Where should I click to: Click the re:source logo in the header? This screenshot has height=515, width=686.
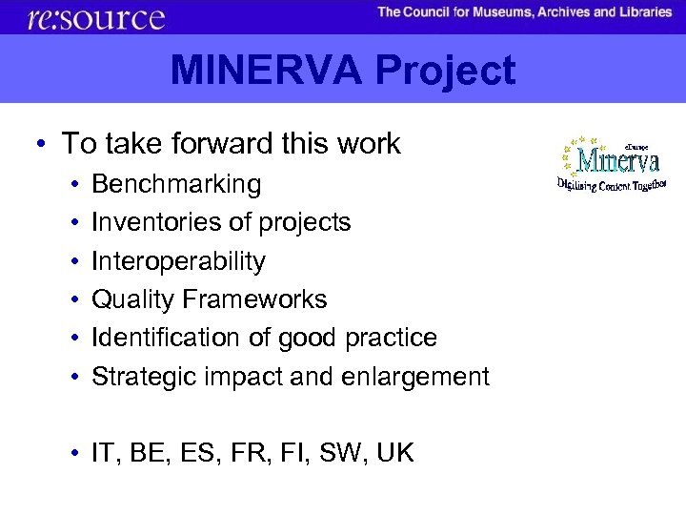(96, 17)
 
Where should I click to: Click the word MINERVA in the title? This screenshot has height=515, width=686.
(267, 71)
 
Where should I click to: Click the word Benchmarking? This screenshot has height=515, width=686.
(176, 184)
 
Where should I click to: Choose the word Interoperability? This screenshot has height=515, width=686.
(178, 261)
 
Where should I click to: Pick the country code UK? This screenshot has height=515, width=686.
(394, 453)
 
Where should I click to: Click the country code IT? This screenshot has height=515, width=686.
(103, 453)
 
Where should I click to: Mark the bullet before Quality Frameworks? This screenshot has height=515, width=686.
(72, 299)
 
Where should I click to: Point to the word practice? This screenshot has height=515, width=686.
(393, 338)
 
